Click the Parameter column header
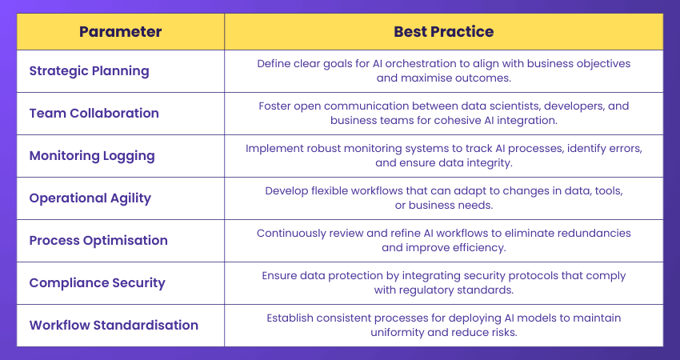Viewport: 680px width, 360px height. coord(120,32)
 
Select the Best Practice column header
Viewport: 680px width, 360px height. coord(443,32)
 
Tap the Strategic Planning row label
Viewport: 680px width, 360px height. coord(89,70)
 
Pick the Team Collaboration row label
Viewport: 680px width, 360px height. coord(94,113)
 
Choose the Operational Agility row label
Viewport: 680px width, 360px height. coord(90,198)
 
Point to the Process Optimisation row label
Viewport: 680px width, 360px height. coord(98,240)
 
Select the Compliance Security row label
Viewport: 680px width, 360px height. coord(97,282)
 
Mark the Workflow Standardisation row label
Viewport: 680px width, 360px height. coord(114,325)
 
